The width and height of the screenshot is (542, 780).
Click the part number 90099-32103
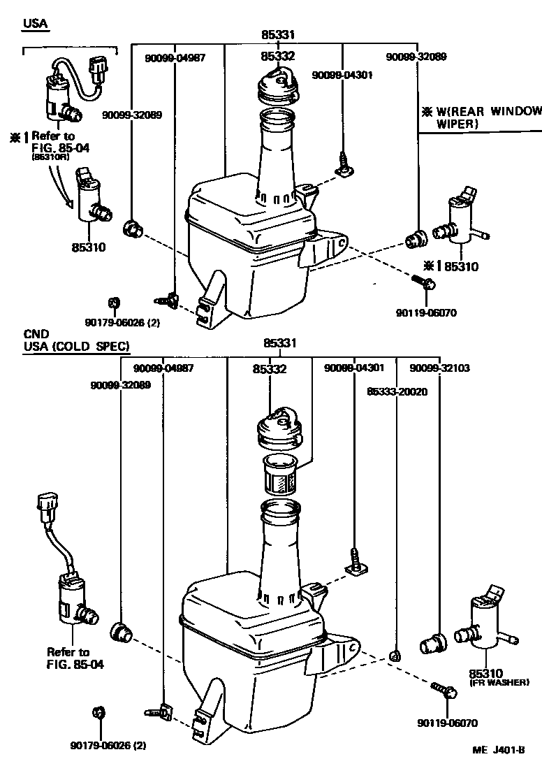pos(437,368)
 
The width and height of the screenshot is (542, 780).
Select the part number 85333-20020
pos(397,392)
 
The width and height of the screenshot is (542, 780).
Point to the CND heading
pos(35,334)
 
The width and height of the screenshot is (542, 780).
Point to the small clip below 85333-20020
pos(395,655)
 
